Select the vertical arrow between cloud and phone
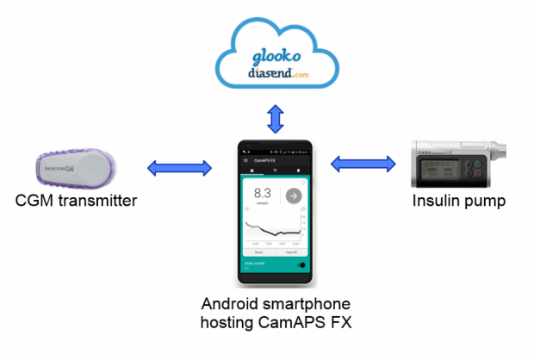click(276, 119)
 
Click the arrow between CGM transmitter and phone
click(178, 168)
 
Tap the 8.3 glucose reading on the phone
click(262, 195)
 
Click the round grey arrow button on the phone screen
click(293, 196)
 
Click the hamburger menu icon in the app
click(247, 160)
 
